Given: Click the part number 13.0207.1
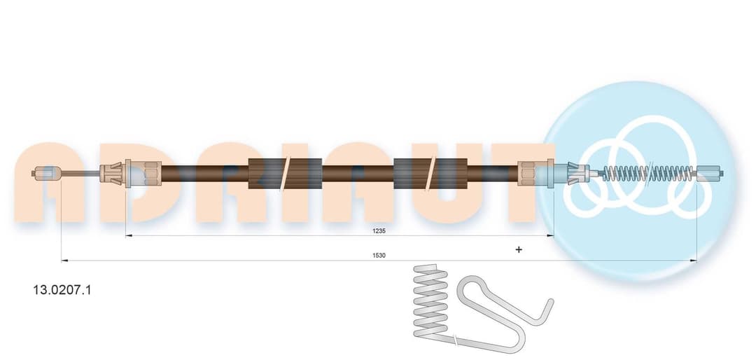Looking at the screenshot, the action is [x=61, y=290].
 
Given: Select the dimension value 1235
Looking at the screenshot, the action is [x=379, y=230].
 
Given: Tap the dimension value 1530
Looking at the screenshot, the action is [x=379, y=255].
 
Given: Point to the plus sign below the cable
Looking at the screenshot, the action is [x=519, y=249].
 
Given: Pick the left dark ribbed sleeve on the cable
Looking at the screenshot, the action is [x=285, y=173].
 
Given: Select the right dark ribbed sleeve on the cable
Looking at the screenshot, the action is [x=430, y=173].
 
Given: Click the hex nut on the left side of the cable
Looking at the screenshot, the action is [x=153, y=173].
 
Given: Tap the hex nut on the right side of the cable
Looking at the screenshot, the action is [x=526, y=173].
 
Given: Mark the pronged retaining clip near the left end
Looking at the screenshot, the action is [x=112, y=173].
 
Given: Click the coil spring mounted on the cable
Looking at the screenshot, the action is [x=647, y=173].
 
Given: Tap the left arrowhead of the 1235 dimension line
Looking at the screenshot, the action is [x=128, y=236].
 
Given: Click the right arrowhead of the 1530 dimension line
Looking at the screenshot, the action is [x=694, y=261].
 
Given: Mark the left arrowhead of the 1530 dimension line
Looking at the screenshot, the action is [x=64, y=261].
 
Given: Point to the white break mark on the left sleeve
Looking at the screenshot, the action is [x=286, y=173].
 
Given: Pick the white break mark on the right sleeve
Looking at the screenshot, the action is [x=431, y=173].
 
